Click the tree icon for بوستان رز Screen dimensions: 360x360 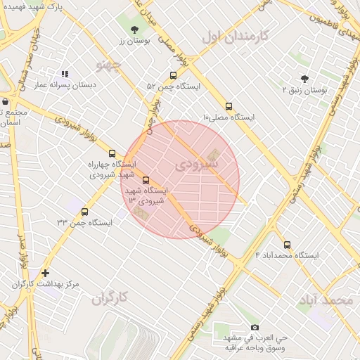pyautogui.click(x=134, y=29)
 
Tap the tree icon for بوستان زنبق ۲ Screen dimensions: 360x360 pyautogui.click(x=304, y=79)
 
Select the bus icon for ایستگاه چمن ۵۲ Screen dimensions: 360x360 pyautogui.click(x=173, y=76)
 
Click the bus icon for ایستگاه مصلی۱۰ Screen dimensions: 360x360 pyautogui.click(x=229, y=106)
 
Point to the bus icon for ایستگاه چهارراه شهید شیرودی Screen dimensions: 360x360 pyautogui.click(x=112, y=153)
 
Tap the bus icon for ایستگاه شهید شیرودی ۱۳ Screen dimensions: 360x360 pyautogui.click(x=146, y=180)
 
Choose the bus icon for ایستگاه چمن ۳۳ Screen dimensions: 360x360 pyautogui.click(x=84, y=212)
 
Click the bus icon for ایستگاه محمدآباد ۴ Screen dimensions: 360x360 pyautogui.click(x=287, y=245)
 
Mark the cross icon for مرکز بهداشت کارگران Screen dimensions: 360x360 pyautogui.click(x=46, y=273)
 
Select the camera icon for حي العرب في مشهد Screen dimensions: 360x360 pyautogui.click(x=255, y=327)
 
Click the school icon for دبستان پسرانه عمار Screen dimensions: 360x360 pyautogui.click(x=65, y=74)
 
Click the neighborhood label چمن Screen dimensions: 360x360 pyautogui.click(x=108, y=65)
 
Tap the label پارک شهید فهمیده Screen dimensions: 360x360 pyautogui.click(x=32, y=6)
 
